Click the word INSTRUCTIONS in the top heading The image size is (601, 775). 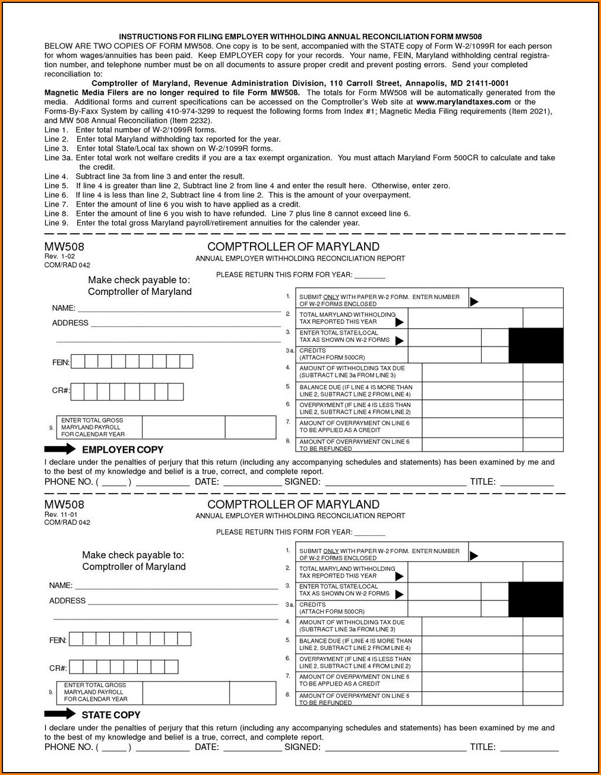coord(148,37)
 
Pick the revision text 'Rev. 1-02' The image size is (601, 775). coord(59,256)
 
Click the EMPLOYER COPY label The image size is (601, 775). coord(122,450)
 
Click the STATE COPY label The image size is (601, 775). coord(111,715)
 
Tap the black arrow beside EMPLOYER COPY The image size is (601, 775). coord(60,449)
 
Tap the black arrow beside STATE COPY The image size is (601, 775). coord(60,714)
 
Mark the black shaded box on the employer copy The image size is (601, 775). coord(536,345)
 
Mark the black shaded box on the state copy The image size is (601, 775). coord(536,599)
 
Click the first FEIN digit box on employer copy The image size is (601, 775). coord(78,361)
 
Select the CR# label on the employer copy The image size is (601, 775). coord(61,390)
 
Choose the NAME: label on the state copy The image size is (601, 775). coord(61,586)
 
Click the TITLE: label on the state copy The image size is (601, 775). coord(482,747)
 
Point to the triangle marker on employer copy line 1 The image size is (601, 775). coord(474,301)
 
